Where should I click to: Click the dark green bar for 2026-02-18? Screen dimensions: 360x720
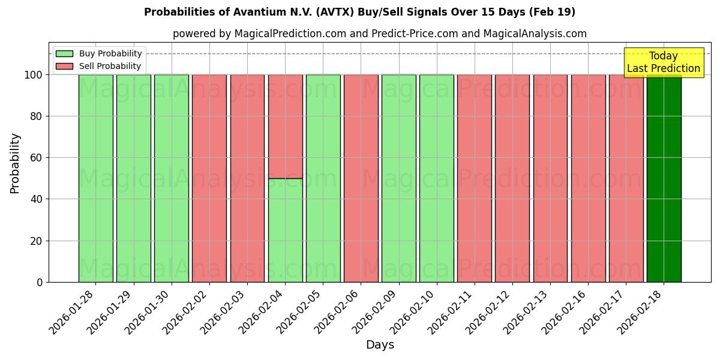click(664, 178)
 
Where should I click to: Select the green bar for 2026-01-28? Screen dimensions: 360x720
click(95, 178)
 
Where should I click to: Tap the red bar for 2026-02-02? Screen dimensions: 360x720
click(209, 178)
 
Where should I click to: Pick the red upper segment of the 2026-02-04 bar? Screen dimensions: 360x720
click(285, 126)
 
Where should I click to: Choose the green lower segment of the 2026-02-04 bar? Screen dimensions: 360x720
click(285, 230)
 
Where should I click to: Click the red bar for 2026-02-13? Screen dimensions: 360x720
click(550, 178)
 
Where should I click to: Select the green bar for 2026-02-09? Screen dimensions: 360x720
click(398, 178)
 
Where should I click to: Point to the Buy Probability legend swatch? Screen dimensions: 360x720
click(64, 53)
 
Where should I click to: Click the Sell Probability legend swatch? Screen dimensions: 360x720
click(64, 66)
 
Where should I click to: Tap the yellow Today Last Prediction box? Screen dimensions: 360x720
click(663, 62)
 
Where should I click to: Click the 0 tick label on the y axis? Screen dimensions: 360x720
click(40, 282)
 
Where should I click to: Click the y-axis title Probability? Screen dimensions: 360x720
click(15, 163)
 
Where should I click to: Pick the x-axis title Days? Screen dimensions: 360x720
click(380, 345)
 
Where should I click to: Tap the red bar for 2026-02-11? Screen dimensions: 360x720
click(474, 178)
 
